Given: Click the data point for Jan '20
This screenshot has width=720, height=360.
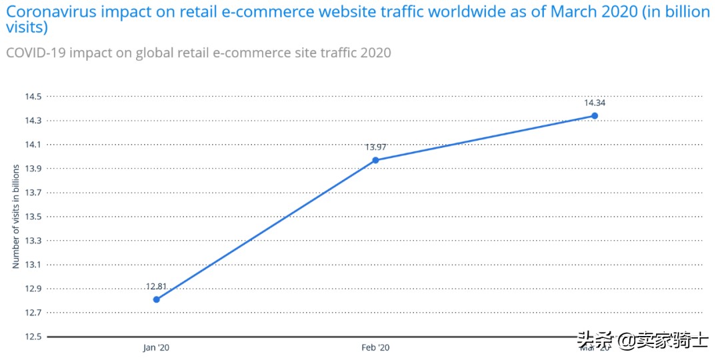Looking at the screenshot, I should pyautogui.click(x=156, y=299).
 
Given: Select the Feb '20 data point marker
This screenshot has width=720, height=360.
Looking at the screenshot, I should pyautogui.click(x=375, y=160).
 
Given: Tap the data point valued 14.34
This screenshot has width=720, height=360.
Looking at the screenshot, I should pyautogui.click(x=595, y=116).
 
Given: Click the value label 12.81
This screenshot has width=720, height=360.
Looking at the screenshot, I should pyautogui.click(x=156, y=287).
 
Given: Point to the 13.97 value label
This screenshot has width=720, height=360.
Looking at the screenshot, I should pyautogui.click(x=375, y=147).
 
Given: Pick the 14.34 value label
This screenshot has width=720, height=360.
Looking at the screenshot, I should pyautogui.click(x=595, y=103).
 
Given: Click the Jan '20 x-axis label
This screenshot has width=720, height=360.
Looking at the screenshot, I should pyautogui.click(x=156, y=348).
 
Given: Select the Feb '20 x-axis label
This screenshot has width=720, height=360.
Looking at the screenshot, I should pyautogui.click(x=375, y=348).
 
